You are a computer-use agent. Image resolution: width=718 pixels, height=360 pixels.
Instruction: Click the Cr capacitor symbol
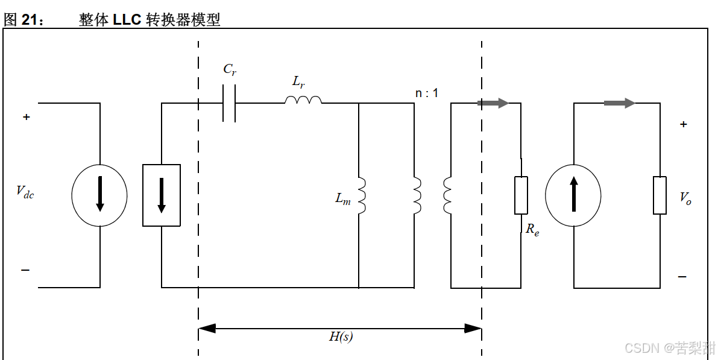click(229, 103)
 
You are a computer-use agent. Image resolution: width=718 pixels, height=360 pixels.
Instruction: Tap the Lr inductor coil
click(303, 99)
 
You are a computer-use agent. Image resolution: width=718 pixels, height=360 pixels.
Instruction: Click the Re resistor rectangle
click(521, 195)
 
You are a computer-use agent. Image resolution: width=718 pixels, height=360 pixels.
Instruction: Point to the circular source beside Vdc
click(99, 195)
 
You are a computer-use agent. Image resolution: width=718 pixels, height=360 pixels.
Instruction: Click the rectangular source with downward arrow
click(162, 195)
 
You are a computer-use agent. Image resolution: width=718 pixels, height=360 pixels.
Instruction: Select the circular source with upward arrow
click(573, 195)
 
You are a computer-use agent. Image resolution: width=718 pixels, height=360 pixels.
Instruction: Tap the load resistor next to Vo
click(660, 195)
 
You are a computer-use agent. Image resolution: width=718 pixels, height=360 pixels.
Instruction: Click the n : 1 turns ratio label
click(427, 93)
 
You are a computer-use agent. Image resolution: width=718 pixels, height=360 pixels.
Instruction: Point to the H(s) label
click(341, 337)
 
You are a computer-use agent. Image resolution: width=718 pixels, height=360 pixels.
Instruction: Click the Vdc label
click(25, 192)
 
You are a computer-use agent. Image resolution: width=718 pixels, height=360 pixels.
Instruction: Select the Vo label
click(685, 198)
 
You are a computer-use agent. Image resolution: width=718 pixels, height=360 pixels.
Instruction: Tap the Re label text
click(532, 229)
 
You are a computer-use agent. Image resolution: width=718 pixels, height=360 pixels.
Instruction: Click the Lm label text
click(343, 198)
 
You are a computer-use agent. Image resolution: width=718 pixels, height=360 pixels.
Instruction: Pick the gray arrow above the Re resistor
click(493, 103)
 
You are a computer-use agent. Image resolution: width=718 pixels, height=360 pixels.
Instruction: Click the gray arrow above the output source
click(619, 103)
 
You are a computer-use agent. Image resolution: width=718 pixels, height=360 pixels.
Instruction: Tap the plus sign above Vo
click(683, 125)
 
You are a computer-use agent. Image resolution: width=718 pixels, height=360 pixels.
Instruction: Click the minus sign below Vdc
click(25, 270)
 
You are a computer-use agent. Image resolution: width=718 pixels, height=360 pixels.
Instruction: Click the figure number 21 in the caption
click(30, 19)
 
